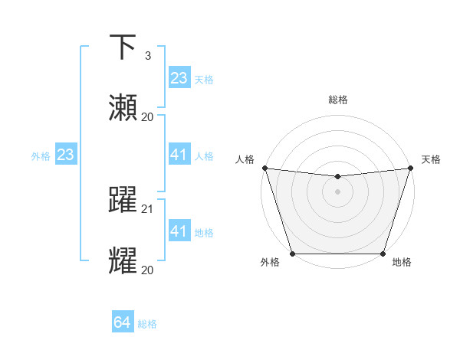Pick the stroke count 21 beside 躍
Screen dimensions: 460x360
click(x=148, y=208)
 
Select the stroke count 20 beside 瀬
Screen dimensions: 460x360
click(x=148, y=116)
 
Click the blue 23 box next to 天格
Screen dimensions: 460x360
click(x=179, y=78)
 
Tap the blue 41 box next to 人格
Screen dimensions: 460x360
click(x=179, y=155)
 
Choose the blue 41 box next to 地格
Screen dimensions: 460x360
click(x=179, y=231)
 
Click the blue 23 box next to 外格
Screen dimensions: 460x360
click(x=66, y=155)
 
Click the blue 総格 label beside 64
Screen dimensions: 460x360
click(x=147, y=324)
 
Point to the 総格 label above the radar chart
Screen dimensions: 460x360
click(x=337, y=100)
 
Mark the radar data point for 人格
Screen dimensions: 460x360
click(x=264, y=168)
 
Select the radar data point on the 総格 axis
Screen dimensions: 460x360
click(x=337, y=177)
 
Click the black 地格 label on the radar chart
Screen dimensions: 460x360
click(x=402, y=262)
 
